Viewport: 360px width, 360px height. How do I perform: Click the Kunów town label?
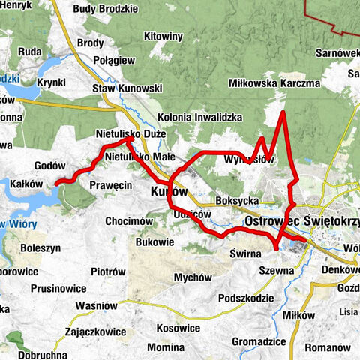pos(163,192)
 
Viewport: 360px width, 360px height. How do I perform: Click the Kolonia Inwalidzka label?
pos(200,118)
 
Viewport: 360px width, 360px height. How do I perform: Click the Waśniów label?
pos(97,306)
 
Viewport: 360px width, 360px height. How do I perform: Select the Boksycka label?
pos(237,202)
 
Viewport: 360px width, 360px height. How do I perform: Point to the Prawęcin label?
pos(110,184)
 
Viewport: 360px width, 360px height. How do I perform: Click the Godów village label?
pos(51,166)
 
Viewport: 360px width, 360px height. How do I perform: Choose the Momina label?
pos(166,348)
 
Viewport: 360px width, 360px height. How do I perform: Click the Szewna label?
pos(277,269)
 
